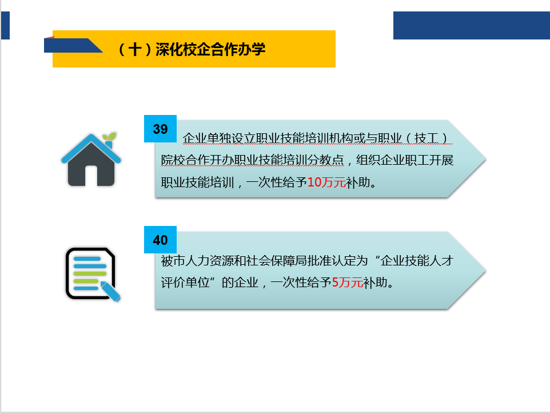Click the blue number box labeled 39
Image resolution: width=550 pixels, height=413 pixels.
point(160,129)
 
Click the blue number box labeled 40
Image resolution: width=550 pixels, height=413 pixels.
point(160,240)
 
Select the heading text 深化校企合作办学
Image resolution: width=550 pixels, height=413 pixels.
point(210,49)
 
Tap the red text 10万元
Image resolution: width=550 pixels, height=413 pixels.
point(326,182)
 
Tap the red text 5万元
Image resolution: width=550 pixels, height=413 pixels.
point(347,282)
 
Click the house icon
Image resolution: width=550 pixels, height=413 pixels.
point(91,160)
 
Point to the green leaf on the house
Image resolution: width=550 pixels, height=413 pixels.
point(109,137)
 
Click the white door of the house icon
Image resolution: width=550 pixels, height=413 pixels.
point(91,176)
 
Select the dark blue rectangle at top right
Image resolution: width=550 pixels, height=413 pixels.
point(472,25)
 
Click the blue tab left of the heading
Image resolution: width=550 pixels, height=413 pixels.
point(72,45)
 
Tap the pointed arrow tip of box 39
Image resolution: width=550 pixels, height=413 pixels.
point(485,159)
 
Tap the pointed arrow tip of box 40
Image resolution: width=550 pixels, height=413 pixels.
point(485,271)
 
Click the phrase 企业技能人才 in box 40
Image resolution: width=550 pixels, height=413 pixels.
point(417,261)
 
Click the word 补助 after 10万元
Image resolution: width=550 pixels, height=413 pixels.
point(358,182)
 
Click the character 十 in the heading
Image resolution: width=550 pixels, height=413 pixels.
point(135,49)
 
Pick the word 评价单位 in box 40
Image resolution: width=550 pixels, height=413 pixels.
point(185,282)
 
